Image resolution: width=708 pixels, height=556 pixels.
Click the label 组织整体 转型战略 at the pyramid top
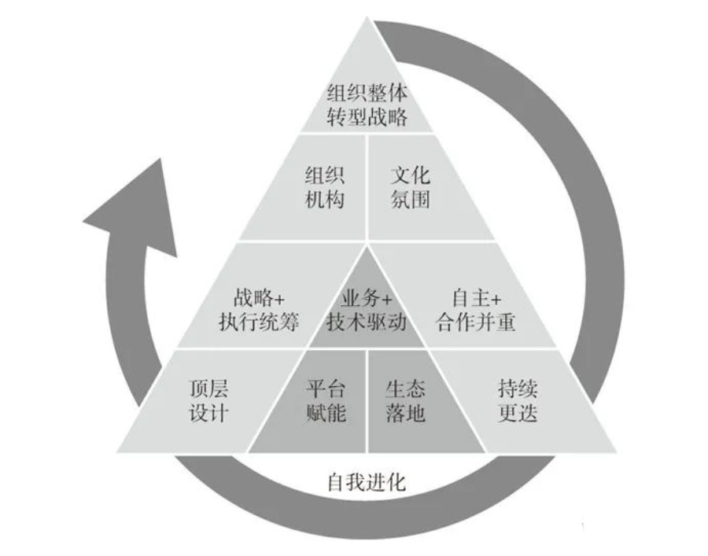click(367, 105)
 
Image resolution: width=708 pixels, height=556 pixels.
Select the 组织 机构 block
click(324, 186)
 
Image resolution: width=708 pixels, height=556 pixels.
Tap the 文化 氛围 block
click(411, 186)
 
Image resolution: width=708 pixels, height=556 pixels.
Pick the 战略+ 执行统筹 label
click(259, 310)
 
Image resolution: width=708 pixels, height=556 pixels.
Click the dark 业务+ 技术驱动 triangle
click(367, 310)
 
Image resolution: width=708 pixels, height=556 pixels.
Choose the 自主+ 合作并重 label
click(477, 310)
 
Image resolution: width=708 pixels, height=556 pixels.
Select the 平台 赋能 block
click(325, 401)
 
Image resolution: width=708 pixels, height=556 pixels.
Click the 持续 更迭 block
click(518, 401)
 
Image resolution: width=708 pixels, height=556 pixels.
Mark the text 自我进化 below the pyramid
click(367, 481)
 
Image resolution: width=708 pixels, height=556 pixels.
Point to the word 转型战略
click(367, 117)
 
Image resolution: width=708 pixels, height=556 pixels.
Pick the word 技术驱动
click(367, 322)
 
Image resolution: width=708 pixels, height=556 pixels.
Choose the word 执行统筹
click(259, 322)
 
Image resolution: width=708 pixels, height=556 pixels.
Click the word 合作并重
click(477, 322)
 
